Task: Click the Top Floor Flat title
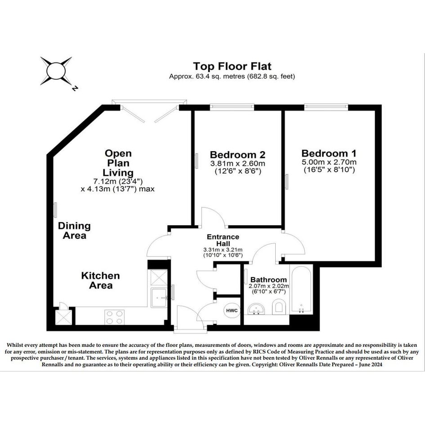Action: pyautogui.click(x=232, y=67)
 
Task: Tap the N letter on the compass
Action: pyautogui.click(x=75, y=88)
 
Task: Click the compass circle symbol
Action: pyautogui.click(x=56, y=71)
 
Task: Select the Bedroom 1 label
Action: pyautogui.click(x=329, y=153)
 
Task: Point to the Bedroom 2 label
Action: pyautogui.click(x=238, y=155)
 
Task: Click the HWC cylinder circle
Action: pyautogui.click(x=232, y=310)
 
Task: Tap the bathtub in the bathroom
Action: pyautogui.click(x=301, y=290)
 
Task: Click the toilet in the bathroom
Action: pyautogui.click(x=279, y=307)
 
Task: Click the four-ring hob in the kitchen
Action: pyautogui.click(x=114, y=317)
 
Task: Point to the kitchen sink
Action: pyautogui.click(x=159, y=298)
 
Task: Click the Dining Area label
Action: pyautogui.click(x=74, y=230)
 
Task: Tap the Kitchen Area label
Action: pyautogui.click(x=101, y=280)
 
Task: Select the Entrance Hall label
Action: pyautogui.click(x=223, y=240)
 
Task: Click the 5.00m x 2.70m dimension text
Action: pyautogui.click(x=329, y=162)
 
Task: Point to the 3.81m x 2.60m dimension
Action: pyautogui.click(x=238, y=164)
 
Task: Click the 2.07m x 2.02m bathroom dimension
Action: pyautogui.click(x=268, y=286)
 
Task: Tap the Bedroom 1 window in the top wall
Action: pyautogui.click(x=326, y=107)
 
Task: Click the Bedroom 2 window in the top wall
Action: pyautogui.click(x=232, y=107)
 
